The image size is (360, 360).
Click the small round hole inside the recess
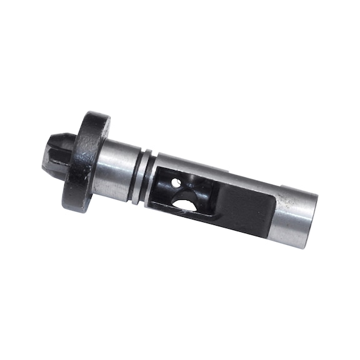pyautogui.click(x=180, y=182)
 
